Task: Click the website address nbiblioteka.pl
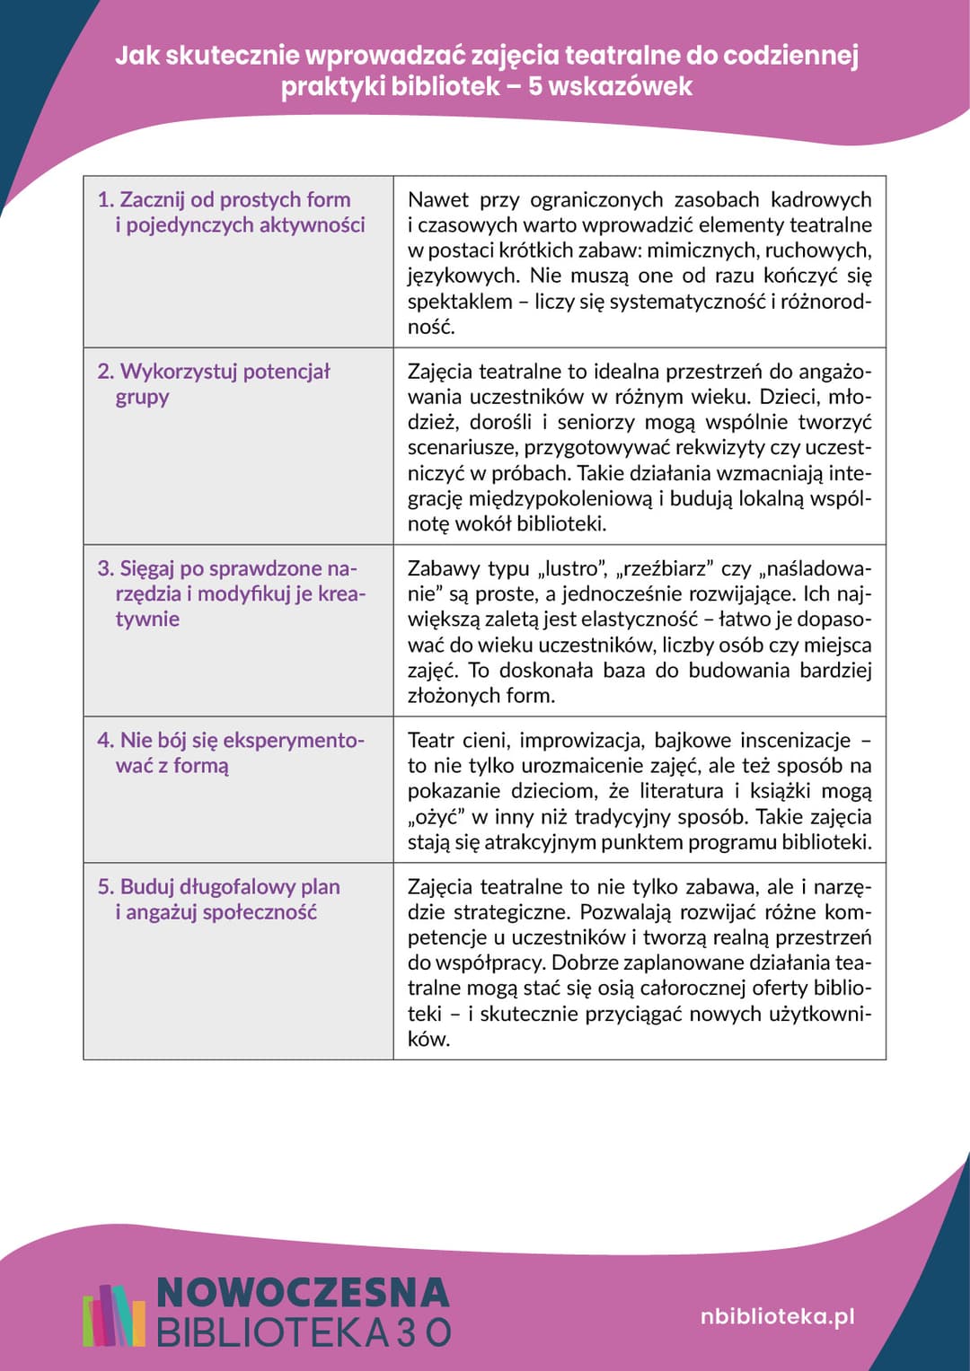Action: pos(777,1316)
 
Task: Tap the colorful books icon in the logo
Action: pos(114,1315)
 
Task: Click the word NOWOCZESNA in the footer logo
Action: pos(303,1292)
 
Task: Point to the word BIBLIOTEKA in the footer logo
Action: pos(270,1332)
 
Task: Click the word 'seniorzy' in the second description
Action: pos(598,422)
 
